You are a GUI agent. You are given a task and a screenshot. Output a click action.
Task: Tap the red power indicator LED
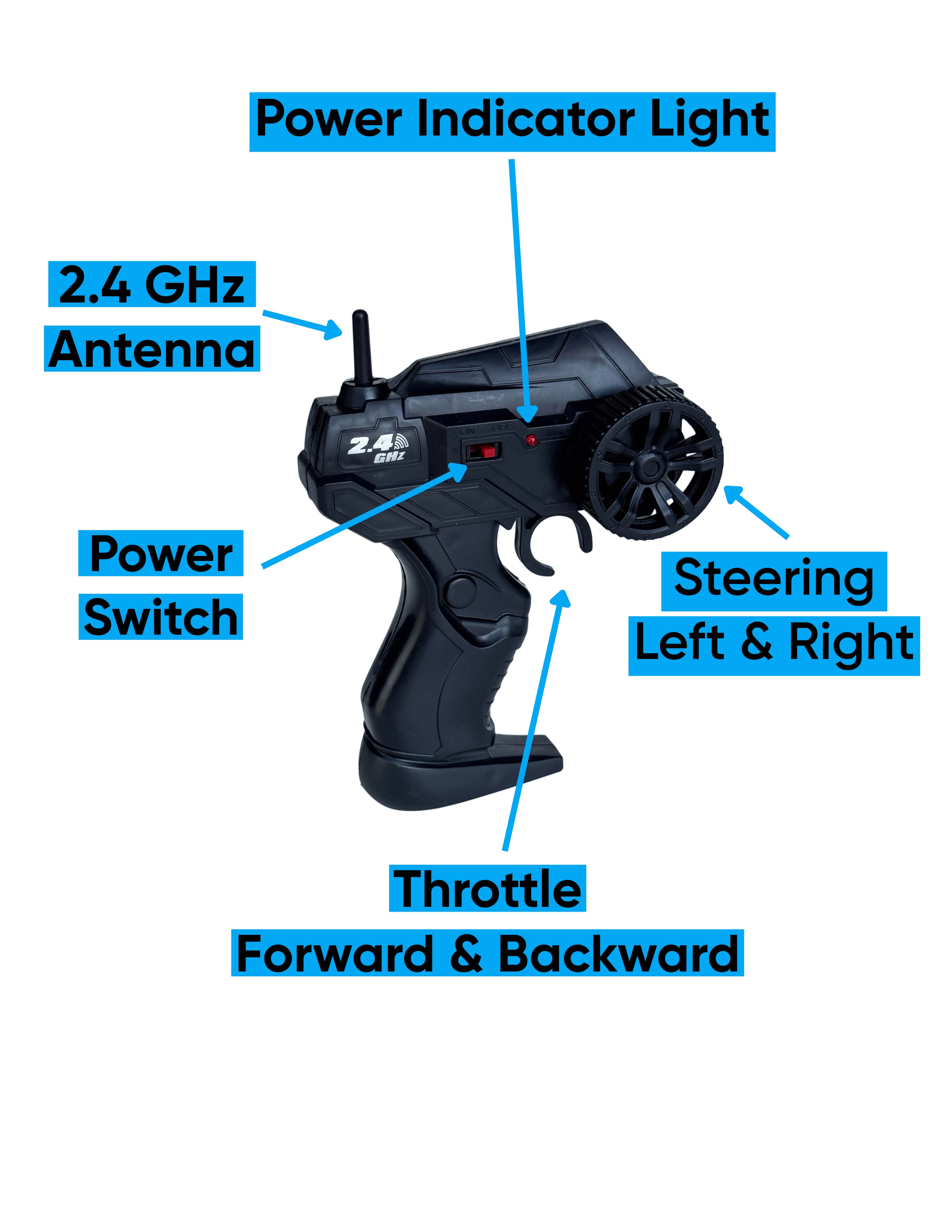coord(531,440)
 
